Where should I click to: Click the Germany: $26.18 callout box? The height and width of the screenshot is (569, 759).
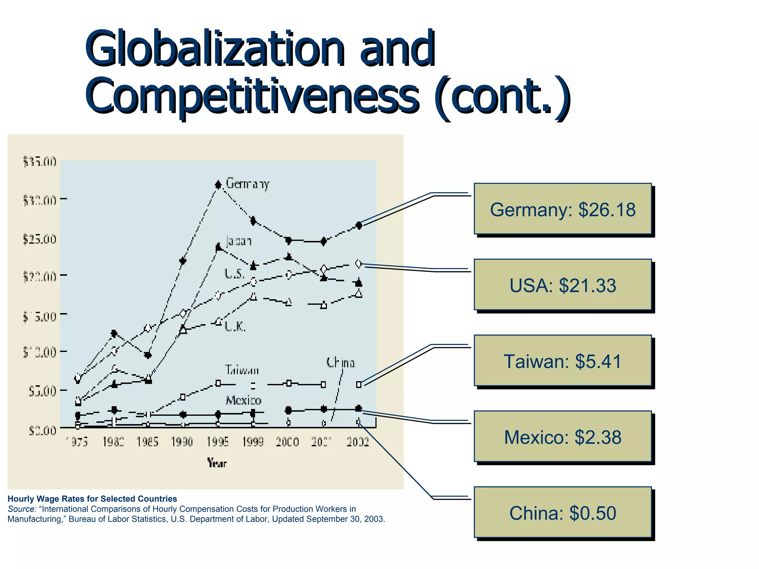[562, 209]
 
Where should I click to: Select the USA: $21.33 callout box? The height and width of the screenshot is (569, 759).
[562, 285]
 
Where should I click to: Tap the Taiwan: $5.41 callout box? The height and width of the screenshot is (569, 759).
[562, 361]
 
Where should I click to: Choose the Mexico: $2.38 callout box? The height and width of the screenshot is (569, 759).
[562, 437]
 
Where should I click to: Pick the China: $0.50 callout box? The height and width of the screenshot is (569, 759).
[562, 513]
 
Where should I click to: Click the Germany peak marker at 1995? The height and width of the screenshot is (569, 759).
[218, 184]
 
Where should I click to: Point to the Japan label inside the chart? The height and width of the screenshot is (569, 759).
[239, 241]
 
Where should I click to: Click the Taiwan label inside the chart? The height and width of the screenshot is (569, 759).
[242, 370]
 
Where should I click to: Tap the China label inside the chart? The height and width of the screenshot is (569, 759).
[340, 363]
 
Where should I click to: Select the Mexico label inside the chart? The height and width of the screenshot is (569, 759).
[243, 400]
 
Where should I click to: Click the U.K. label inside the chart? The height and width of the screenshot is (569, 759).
[235, 327]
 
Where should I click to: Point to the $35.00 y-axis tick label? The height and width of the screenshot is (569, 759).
[40, 162]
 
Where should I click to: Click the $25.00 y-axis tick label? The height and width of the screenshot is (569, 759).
[40, 239]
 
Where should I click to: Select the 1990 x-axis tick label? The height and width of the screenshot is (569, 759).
[182, 442]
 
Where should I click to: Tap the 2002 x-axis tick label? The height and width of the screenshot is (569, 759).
[358, 442]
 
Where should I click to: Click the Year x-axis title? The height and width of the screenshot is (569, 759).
[217, 463]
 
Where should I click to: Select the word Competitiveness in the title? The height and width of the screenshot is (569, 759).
[252, 96]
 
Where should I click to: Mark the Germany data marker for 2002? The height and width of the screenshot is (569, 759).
[358, 225]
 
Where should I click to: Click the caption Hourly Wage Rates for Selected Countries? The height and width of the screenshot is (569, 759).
[92, 499]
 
